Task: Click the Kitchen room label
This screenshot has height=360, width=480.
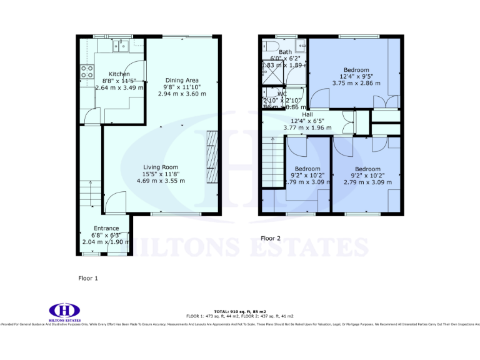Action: tap(119, 74)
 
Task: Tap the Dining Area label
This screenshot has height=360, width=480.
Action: tap(182, 80)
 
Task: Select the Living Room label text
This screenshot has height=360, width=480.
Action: tap(161, 167)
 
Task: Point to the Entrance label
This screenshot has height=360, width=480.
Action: tap(106, 228)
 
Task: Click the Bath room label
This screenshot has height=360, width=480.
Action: tap(285, 52)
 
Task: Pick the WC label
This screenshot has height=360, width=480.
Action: tap(282, 94)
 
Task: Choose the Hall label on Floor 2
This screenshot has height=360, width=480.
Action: tap(307, 114)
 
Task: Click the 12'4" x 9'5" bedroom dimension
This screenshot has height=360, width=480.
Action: tap(356, 76)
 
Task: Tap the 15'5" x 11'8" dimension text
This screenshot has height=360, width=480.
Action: tap(161, 174)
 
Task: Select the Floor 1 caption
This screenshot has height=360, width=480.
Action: tap(87, 277)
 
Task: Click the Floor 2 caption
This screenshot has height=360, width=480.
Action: tap(271, 238)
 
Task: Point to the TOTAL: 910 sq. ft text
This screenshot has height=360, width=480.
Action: tap(240, 311)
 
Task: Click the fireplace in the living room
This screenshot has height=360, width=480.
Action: tap(212, 157)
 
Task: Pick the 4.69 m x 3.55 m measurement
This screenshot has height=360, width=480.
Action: tap(161, 181)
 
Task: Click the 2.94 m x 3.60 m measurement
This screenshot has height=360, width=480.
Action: tap(182, 94)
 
